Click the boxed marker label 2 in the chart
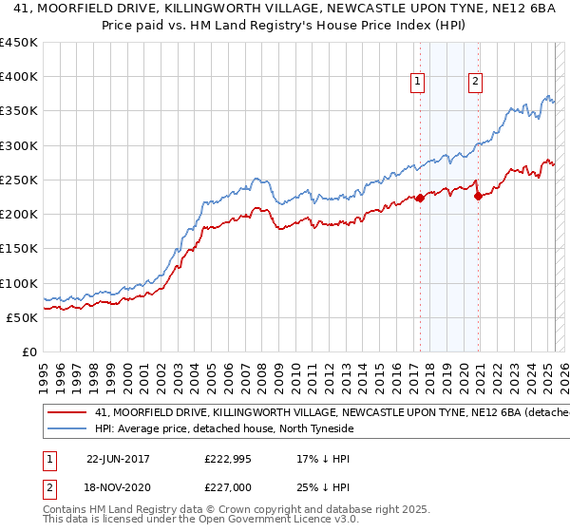coord(475,82)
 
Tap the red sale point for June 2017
coord(420,199)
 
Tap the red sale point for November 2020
coord(478,196)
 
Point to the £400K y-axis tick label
coord(19,77)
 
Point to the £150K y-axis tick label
coord(19,249)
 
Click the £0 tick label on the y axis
coord(29,351)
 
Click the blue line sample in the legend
coord(67,429)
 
